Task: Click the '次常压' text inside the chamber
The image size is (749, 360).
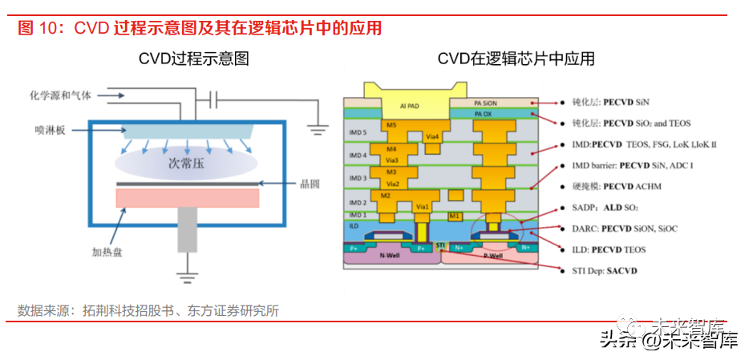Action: coord(185,164)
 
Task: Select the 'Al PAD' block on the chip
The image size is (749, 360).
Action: coord(411,105)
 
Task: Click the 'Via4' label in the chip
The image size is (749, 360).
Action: coord(432,137)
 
